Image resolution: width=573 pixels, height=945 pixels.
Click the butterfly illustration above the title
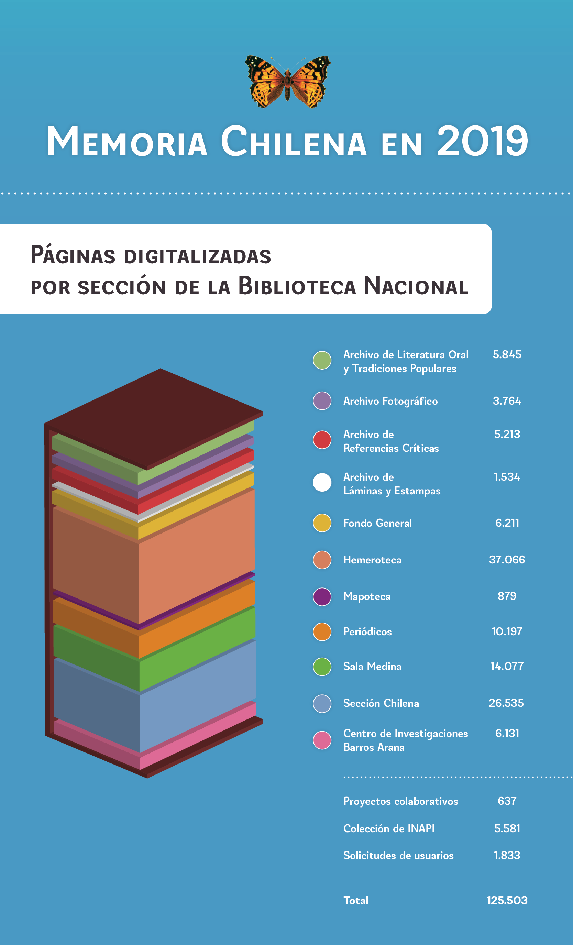point(288,81)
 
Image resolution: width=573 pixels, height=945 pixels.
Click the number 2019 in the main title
point(483,141)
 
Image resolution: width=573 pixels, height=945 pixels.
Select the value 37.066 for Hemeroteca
point(507,560)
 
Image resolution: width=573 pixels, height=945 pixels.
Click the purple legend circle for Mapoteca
point(322,596)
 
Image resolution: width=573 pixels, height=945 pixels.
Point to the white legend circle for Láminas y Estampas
point(322,483)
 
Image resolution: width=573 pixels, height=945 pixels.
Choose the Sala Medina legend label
point(372,666)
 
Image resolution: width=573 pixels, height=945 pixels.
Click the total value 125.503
point(507,900)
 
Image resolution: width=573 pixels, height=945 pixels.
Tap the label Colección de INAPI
point(388,828)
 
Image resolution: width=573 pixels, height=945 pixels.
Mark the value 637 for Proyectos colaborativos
point(507,801)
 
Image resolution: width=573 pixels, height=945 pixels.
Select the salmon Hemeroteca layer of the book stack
point(196,556)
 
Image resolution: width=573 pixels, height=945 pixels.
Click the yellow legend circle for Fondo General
point(322,523)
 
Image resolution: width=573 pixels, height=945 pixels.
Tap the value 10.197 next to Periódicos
point(507,631)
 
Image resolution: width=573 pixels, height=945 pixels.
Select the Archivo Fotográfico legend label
point(390,401)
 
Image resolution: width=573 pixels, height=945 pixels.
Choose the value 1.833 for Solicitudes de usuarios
point(507,855)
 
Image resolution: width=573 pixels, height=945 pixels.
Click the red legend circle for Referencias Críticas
point(322,440)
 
